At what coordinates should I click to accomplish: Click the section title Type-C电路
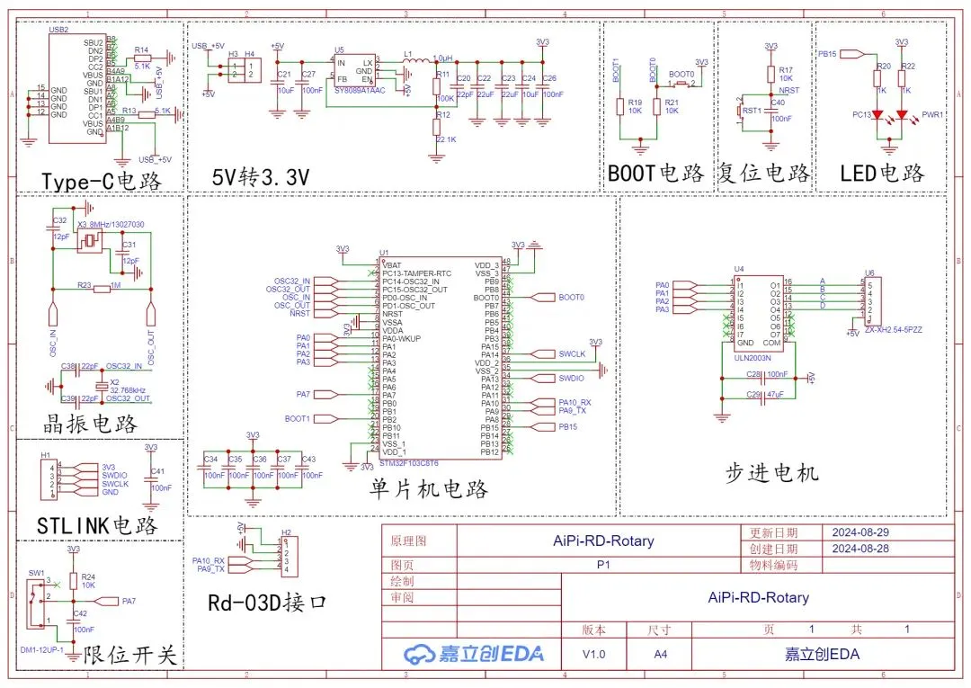click(101, 181)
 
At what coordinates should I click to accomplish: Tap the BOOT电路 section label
click(656, 173)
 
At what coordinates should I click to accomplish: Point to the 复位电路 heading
click(764, 173)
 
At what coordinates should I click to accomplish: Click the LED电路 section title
click(881, 173)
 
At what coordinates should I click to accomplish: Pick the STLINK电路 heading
click(97, 525)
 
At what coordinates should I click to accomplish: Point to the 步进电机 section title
click(772, 471)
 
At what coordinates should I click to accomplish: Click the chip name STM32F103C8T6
click(408, 464)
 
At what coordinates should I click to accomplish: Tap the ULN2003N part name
click(752, 356)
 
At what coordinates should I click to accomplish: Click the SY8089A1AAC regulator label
click(360, 90)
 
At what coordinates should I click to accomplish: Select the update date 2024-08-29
click(860, 532)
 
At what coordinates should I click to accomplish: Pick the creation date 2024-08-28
click(860, 549)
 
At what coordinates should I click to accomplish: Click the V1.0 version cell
click(593, 654)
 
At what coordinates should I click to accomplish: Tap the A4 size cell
click(661, 654)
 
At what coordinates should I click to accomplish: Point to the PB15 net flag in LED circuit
click(828, 54)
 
